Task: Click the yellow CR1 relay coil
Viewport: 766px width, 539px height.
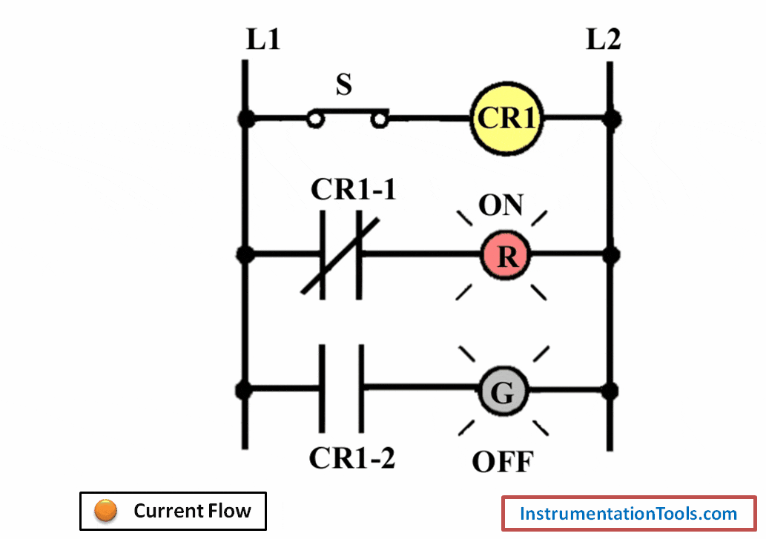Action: coord(506,118)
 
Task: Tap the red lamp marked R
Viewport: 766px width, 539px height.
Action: coord(507,256)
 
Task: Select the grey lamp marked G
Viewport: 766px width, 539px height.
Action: coord(503,392)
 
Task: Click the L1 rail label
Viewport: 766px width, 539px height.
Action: coord(263,40)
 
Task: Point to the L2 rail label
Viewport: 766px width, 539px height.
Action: coord(604,40)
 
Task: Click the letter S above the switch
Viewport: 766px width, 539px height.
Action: coord(343,85)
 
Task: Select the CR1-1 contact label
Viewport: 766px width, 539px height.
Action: coord(354,190)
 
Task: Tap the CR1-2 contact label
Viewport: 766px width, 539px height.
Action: coord(352,458)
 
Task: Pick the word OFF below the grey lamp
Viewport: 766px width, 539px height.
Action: coord(503,462)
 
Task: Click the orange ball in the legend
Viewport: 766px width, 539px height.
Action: coord(106,511)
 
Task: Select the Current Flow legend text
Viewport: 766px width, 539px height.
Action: coord(192,511)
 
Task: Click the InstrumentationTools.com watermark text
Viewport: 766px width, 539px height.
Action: coord(629,514)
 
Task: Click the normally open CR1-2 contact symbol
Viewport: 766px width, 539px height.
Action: coord(341,388)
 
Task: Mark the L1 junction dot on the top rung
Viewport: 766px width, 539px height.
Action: coord(244,118)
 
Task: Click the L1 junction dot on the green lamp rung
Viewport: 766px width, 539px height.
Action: coord(244,389)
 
